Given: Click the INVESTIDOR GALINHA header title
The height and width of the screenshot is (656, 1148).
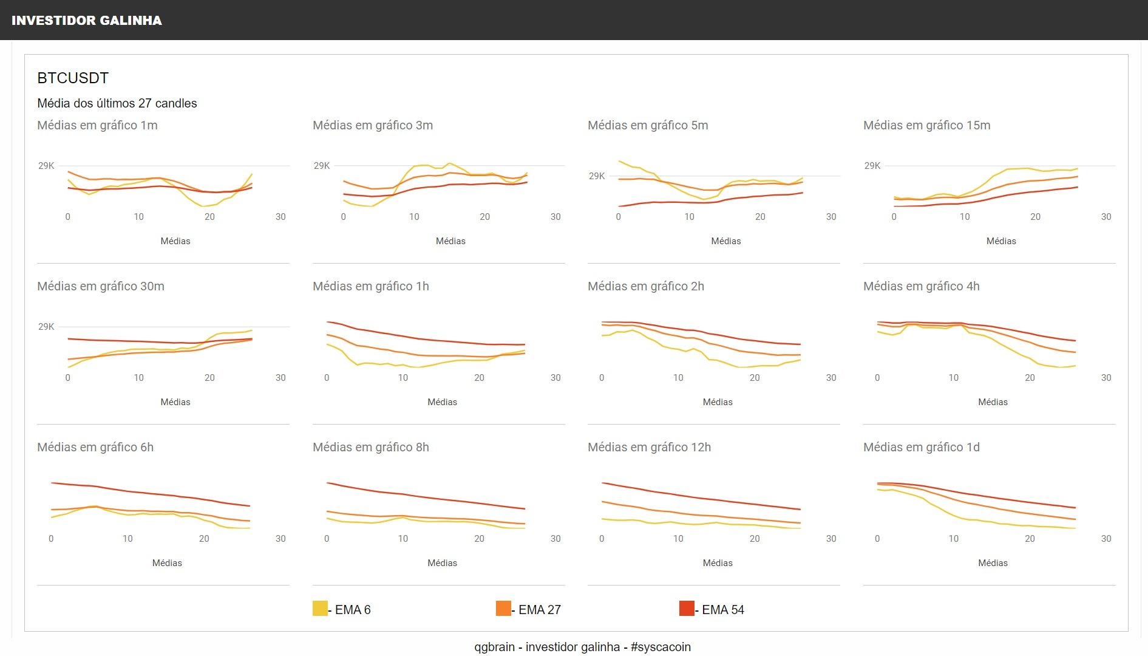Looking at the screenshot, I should (87, 21).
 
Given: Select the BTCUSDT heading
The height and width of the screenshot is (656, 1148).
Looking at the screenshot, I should (73, 78).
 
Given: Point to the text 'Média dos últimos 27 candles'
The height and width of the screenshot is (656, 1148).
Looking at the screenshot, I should (117, 103).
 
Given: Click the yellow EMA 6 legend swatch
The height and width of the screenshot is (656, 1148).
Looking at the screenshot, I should (320, 608).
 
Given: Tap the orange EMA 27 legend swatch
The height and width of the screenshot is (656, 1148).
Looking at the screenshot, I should (503, 608).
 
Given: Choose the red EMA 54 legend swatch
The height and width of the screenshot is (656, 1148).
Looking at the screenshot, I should (687, 608).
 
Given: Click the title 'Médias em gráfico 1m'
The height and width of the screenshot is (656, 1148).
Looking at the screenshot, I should (97, 125).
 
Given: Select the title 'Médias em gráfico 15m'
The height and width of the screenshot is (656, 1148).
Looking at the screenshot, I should (926, 125).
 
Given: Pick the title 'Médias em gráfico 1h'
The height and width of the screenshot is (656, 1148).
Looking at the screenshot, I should (370, 286).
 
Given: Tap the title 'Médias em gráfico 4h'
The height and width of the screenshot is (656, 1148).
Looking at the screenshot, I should (921, 286).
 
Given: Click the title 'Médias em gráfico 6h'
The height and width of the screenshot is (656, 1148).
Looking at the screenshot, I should (95, 447).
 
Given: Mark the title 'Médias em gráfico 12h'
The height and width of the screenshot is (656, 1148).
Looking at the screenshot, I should (649, 447).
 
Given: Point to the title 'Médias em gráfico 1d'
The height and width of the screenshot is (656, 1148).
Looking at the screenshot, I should (921, 447).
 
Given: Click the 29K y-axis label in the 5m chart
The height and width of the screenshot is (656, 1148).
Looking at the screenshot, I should (597, 176).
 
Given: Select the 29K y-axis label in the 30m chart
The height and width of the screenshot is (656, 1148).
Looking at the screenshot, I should (46, 327).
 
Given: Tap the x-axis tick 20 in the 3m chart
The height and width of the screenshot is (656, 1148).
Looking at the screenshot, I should (484, 217).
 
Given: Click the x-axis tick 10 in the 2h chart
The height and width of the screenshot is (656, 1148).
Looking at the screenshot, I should (678, 378).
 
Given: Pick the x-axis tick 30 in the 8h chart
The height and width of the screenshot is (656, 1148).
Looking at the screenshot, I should (555, 539).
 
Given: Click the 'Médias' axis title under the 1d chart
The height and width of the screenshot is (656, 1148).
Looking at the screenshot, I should (993, 563).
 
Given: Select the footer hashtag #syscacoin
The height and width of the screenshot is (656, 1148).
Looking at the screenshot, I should (661, 647).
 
